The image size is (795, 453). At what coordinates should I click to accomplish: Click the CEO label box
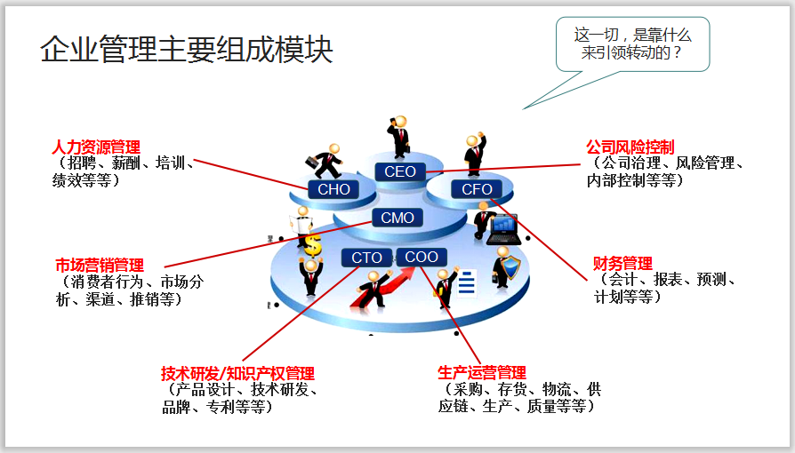tap(400, 171)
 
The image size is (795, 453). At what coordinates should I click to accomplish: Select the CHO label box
tap(333, 189)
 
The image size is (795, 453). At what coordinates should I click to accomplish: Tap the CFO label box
tap(477, 189)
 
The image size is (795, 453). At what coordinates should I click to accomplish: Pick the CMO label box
tap(397, 218)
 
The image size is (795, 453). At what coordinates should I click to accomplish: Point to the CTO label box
tap(366, 258)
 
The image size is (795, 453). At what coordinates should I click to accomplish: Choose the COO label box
tap(422, 257)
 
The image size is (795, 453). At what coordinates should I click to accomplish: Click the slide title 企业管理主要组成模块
tap(187, 50)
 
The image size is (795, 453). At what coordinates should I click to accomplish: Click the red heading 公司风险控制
tap(630, 147)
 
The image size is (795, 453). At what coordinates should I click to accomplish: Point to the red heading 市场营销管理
tap(100, 266)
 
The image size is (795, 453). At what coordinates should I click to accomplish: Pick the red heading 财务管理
tap(622, 264)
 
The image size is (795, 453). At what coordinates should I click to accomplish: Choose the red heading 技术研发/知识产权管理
tap(237, 374)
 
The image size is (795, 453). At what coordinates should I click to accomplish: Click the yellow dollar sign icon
tap(311, 242)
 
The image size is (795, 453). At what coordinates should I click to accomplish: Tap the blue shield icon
tap(510, 267)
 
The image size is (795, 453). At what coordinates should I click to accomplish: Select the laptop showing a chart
tap(504, 229)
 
